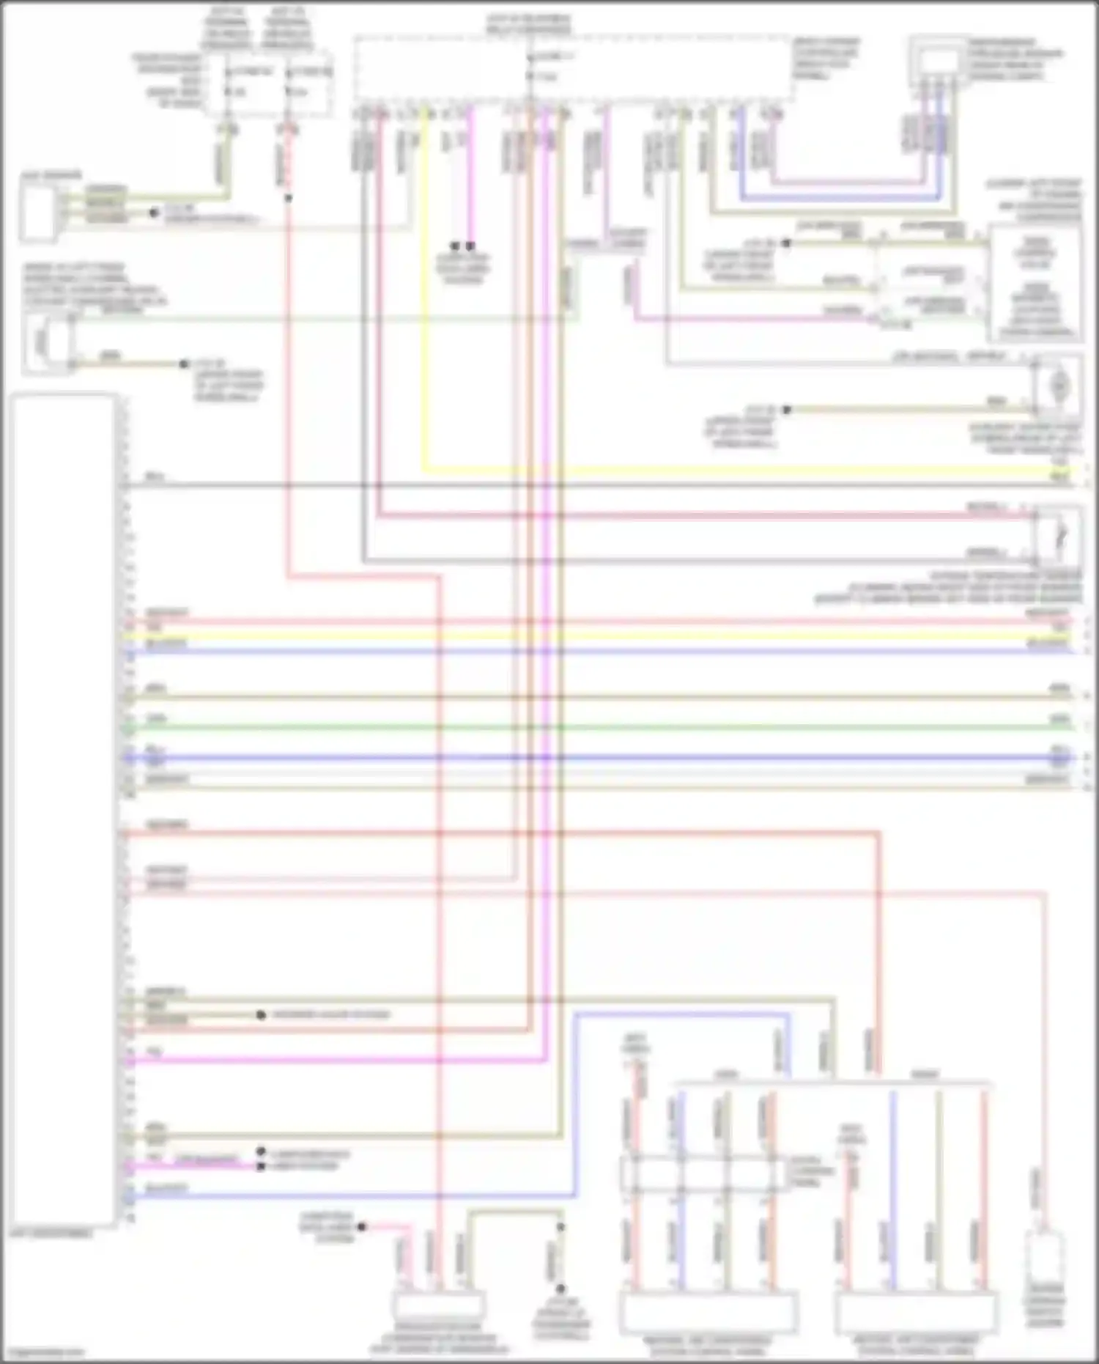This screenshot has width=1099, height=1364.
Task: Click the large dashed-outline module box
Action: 571,70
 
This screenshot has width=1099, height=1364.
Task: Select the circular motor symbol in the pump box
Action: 1058,383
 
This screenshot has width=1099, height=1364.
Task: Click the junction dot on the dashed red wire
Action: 288,198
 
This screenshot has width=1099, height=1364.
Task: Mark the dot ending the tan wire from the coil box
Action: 184,364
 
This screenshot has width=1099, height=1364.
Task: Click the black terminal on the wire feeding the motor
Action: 786,409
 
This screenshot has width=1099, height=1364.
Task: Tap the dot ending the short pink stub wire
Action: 362,1226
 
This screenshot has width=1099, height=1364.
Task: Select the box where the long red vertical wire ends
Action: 438,1305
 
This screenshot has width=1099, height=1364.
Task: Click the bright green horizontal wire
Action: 586,727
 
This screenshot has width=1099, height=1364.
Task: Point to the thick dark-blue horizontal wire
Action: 586,758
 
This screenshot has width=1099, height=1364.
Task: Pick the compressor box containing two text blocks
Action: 1035,284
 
